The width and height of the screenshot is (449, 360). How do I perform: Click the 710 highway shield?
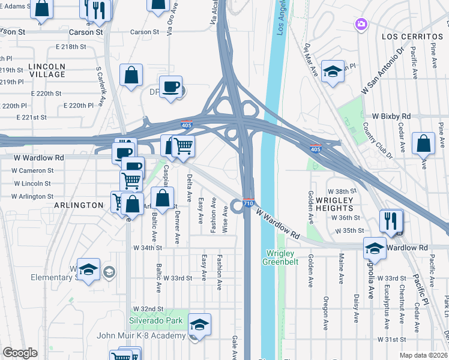pos(249,203)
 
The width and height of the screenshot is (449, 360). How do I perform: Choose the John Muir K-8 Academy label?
pos(148,335)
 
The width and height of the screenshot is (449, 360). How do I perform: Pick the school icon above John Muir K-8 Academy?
pos(199,324)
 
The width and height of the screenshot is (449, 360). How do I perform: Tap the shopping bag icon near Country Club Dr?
pos(424,143)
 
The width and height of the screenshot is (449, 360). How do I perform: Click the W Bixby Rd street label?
pos(391,115)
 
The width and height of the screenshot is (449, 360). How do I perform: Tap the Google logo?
pos(20,353)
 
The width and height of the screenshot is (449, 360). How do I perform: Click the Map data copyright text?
pos(424,355)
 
